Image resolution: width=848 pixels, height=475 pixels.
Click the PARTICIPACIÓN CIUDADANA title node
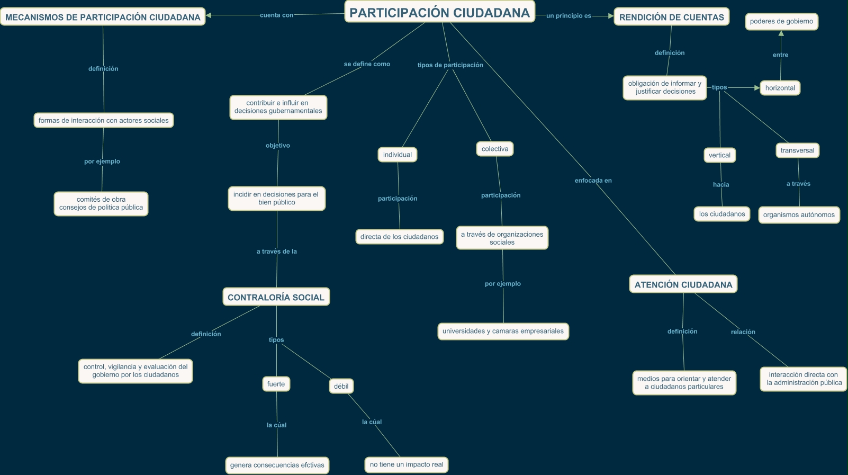point(439,13)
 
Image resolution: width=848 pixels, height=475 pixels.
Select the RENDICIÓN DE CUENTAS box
point(671,17)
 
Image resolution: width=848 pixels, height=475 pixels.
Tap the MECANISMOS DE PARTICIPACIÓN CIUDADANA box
point(103,17)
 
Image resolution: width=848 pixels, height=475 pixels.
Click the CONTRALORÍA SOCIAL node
point(276,297)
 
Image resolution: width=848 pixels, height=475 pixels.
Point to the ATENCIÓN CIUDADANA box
point(683,284)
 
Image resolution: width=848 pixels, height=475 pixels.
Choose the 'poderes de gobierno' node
point(781,22)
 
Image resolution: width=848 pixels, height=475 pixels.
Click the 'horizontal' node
point(780,88)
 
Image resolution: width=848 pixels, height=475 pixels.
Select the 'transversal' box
point(797,150)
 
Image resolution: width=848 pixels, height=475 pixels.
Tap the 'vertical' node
point(719,155)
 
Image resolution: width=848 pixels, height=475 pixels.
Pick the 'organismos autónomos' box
point(799,215)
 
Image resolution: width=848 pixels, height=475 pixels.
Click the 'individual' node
point(397,155)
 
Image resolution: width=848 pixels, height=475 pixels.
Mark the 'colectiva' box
point(495,149)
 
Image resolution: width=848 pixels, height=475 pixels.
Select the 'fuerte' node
point(276,384)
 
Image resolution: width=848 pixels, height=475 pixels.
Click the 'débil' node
point(341,386)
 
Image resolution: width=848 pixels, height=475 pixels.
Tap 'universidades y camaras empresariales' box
point(503,331)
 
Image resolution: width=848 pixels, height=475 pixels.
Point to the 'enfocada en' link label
point(593,181)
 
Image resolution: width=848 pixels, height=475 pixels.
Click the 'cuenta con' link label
point(276,15)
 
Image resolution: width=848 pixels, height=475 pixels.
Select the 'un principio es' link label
point(569,16)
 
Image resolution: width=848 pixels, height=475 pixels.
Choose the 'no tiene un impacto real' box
point(407,464)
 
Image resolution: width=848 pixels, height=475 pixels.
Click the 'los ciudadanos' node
point(721,214)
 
